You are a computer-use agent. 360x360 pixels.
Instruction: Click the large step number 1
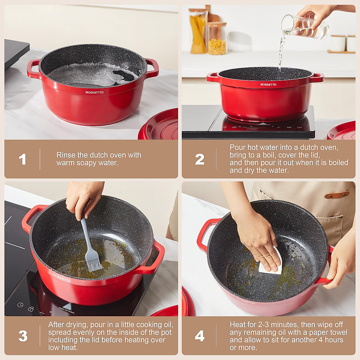coord(22,159)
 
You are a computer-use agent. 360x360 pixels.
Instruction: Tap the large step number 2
coord(199,159)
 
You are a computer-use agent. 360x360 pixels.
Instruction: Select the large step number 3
coord(23,336)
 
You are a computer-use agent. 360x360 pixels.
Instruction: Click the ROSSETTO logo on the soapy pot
coord(94,92)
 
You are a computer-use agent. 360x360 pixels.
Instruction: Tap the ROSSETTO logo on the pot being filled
coord(268,84)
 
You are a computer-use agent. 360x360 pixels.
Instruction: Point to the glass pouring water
coord(305,27)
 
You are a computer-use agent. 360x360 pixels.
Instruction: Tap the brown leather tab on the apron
coord(337,195)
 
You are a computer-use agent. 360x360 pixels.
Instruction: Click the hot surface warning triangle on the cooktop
coord(67,306)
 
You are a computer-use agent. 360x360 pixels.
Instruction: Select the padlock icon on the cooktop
coord(31,309)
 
